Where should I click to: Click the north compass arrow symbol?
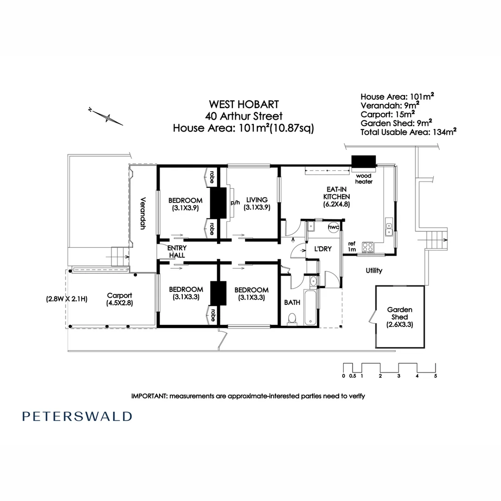point(106,116)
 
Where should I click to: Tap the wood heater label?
point(364,179)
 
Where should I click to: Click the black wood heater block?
point(364,161)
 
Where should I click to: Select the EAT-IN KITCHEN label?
point(336,197)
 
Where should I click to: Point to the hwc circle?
point(334,227)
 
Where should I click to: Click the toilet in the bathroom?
point(292,319)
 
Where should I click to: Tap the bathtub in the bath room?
point(310,308)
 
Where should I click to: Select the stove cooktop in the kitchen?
point(368,247)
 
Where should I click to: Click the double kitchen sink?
point(389,227)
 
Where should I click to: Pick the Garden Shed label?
point(400,313)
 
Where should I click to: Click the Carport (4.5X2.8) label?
point(120,299)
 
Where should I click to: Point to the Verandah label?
point(142,213)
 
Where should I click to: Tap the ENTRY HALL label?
point(177,251)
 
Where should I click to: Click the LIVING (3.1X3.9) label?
point(257,204)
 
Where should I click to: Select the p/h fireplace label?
point(235,203)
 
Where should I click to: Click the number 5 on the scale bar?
point(436,376)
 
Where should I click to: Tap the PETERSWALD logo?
point(77,416)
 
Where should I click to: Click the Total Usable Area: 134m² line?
point(408,132)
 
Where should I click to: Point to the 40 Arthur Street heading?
point(244,116)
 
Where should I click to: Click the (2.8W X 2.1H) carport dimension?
point(67,299)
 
